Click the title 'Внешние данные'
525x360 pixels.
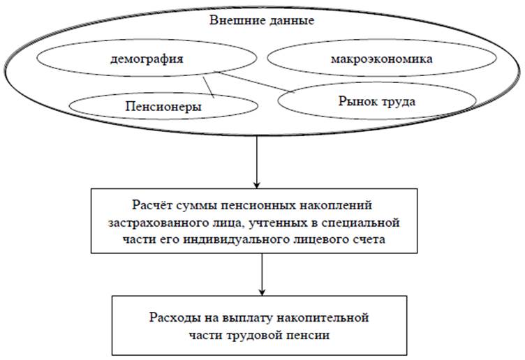point(262,20)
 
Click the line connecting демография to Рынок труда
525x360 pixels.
point(254,82)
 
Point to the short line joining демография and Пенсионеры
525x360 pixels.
point(208,87)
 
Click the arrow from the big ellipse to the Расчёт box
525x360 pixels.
point(257,162)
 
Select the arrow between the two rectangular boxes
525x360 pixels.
point(262,274)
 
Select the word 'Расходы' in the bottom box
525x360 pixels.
point(174,317)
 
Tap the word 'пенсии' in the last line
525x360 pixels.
point(309,335)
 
